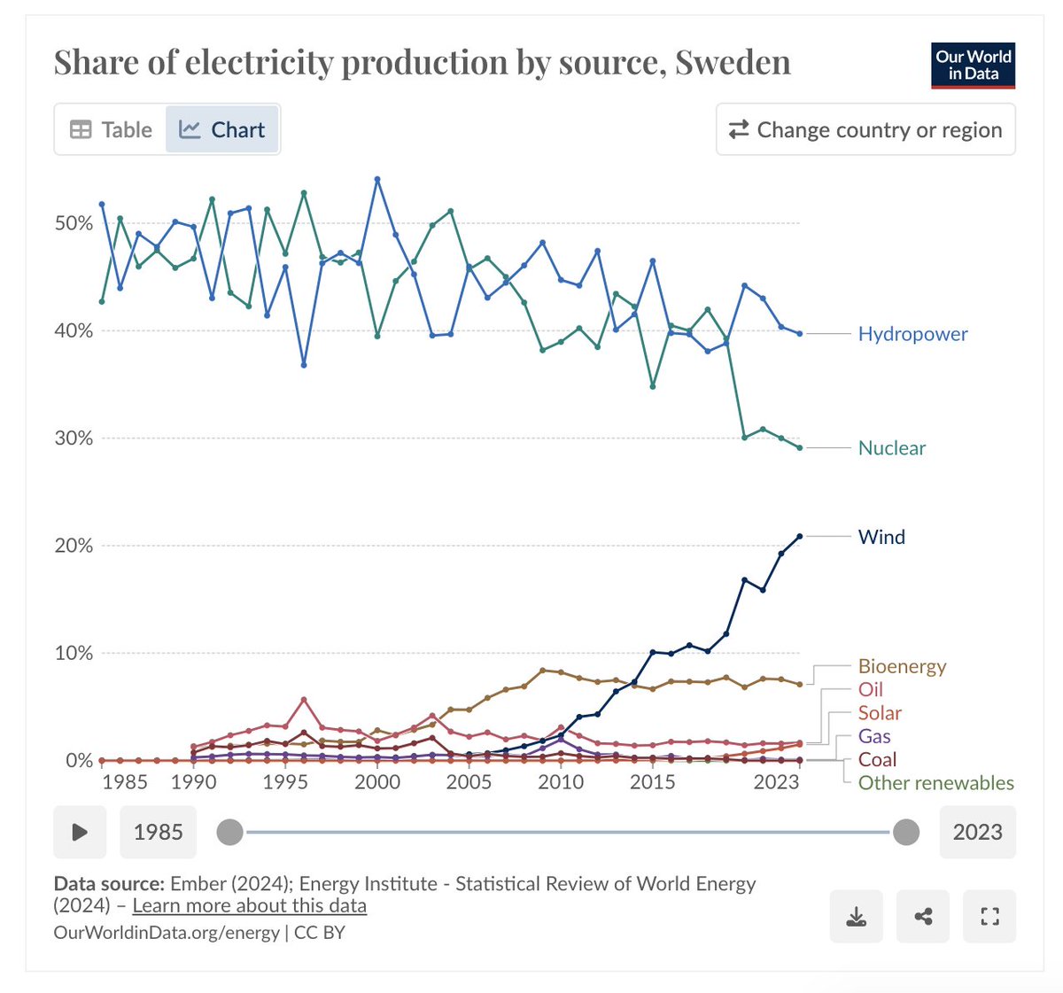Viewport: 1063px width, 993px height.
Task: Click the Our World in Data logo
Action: [973, 66]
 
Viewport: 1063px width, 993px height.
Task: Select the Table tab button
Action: [112, 129]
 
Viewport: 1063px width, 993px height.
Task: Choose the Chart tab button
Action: [222, 129]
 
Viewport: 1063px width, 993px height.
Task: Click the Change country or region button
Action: [865, 129]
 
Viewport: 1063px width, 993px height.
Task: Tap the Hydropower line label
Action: [912, 334]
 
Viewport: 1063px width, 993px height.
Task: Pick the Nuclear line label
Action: [891, 448]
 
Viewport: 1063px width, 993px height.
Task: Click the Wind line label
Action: [881, 537]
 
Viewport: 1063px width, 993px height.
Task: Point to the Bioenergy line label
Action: [902, 666]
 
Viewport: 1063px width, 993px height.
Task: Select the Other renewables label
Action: [935, 783]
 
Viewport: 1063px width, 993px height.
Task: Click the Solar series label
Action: [880, 713]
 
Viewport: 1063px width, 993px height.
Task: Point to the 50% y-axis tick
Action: [74, 223]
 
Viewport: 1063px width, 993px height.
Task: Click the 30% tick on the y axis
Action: [74, 438]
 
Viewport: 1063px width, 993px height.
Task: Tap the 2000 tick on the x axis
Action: [377, 782]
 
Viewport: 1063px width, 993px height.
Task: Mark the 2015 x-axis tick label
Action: [653, 782]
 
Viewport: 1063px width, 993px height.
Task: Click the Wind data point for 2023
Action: [800, 536]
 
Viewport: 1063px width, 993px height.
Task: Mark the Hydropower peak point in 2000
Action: [377, 179]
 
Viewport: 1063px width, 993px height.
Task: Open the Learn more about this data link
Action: [249, 905]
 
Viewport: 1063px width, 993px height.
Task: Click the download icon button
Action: [857, 917]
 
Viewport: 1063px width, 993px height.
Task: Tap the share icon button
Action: [923, 917]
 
